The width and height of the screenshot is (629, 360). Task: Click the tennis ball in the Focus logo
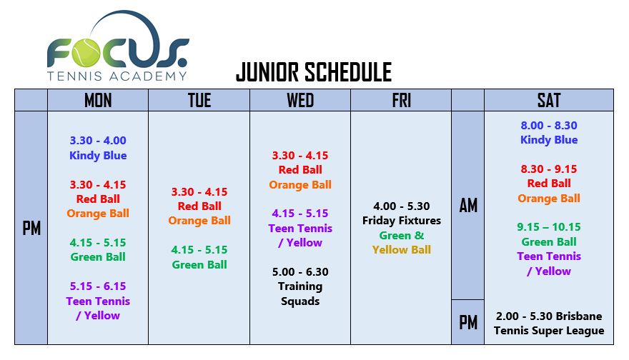point(86,54)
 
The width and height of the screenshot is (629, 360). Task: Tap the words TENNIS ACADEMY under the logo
point(117,76)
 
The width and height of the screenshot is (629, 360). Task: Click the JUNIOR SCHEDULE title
point(314,72)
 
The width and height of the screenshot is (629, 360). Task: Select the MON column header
point(98,100)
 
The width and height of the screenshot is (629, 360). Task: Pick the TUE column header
point(199,100)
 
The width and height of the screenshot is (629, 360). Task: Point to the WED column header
point(300,100)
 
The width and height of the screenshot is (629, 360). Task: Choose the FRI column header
point(402,100)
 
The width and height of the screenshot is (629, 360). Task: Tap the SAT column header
point(549,100)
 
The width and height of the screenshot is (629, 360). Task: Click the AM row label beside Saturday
point(468,206)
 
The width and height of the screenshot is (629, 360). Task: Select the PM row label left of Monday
point(31,229)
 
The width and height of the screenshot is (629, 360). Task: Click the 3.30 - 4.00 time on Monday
point(98,140)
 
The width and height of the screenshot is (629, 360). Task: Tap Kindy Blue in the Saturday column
point(549,140)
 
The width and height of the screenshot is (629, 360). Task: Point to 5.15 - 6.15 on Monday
point(98,286)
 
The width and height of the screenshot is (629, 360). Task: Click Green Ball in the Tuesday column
point(199,264)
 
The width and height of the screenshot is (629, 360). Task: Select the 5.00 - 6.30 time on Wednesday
point(300,272)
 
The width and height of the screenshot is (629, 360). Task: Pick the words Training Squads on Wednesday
point(300,294)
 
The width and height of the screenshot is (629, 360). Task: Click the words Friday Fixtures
point(402,221)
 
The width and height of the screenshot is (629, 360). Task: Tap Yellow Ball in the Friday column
point(402,250)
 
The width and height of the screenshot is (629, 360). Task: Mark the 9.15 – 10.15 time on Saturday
point(549,227)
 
